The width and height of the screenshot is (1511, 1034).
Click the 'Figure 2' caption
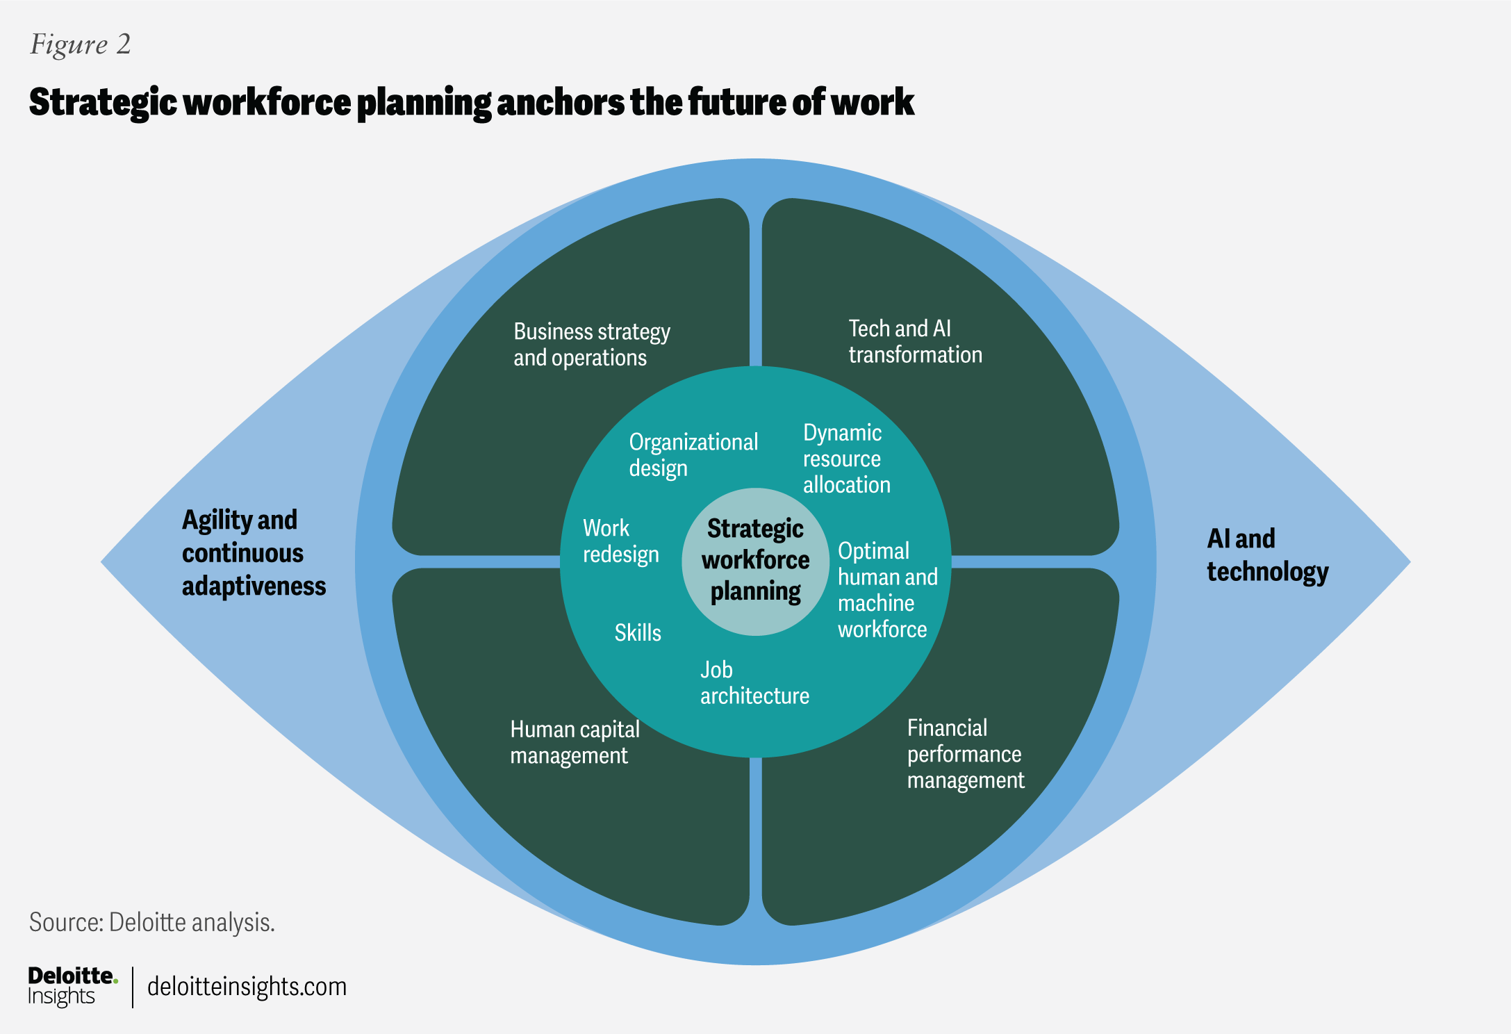[x=81, y=44]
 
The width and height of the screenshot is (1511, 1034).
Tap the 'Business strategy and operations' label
[x=591, y=345]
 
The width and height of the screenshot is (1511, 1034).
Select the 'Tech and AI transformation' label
[x=915, y=341]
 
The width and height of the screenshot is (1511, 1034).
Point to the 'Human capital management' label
[x=575, y=742]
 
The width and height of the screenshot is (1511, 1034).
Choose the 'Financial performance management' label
[x=965, y=754]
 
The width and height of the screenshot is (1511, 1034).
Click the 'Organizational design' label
[x=693, y=455]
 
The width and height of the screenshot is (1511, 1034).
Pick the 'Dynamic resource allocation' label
[x=846, y=459]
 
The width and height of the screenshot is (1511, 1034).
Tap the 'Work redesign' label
[x=620, y=541]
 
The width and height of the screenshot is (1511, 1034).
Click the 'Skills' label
[x=638, y=633]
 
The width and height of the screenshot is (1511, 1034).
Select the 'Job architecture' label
[x=754, y=683]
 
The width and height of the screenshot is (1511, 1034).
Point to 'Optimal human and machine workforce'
[x=887, y=590]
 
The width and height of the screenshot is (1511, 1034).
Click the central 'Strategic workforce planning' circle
[x=756, y=561]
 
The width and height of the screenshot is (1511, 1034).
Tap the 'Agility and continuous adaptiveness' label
[x=254, y=553]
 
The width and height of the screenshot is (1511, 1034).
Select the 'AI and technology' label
[x=1267, y=555]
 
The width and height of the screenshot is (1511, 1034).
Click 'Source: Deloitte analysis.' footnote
[x=152, y=922]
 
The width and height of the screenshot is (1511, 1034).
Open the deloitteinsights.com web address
[x=247, y=987]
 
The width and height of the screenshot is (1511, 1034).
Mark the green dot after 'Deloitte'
[x=115, y=981]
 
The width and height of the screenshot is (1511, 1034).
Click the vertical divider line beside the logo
[x=133, y=987]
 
